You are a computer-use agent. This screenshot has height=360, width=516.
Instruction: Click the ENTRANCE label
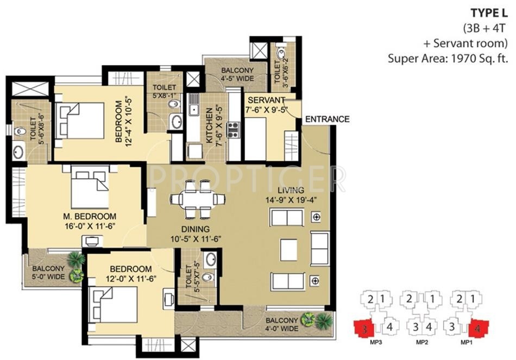click(327, 119)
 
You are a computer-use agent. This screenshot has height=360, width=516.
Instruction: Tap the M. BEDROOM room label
click(90, 216)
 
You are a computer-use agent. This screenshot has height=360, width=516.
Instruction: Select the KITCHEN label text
click(209, 126)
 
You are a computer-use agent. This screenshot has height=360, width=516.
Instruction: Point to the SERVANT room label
click(266, 100)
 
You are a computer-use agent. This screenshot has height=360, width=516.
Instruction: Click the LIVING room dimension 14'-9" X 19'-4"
click(291, 200)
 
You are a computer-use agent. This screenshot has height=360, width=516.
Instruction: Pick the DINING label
click(196, 229)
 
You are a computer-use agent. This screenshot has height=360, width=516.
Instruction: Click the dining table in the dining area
click(198, 199)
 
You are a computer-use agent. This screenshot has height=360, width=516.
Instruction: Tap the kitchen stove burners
click(234, 130)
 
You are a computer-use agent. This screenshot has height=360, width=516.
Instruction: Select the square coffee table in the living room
click(288, 250)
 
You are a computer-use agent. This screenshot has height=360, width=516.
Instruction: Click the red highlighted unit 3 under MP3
click(363, 328)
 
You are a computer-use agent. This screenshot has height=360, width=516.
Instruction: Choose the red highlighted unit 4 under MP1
click(479, 328)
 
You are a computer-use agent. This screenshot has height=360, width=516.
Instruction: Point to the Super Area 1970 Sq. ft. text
click(448, 59)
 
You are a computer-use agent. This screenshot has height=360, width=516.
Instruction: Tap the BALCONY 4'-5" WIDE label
click(237, 74)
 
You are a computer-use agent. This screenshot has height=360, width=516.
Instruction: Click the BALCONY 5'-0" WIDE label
click(48, 273)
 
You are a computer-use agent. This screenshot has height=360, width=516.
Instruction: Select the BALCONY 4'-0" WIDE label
click(282, 324)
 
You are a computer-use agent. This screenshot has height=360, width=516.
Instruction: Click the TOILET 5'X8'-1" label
click(164, 91)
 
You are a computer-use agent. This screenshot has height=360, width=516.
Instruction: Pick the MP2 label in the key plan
click(422, 343)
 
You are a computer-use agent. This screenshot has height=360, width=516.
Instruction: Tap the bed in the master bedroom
click(90, 187)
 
